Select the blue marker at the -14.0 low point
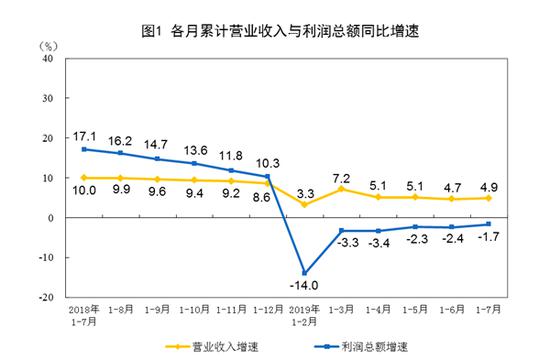coord(304,273)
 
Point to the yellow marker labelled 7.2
coord(342,188)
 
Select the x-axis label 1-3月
coord(342,310)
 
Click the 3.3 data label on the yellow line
coord(307,190)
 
